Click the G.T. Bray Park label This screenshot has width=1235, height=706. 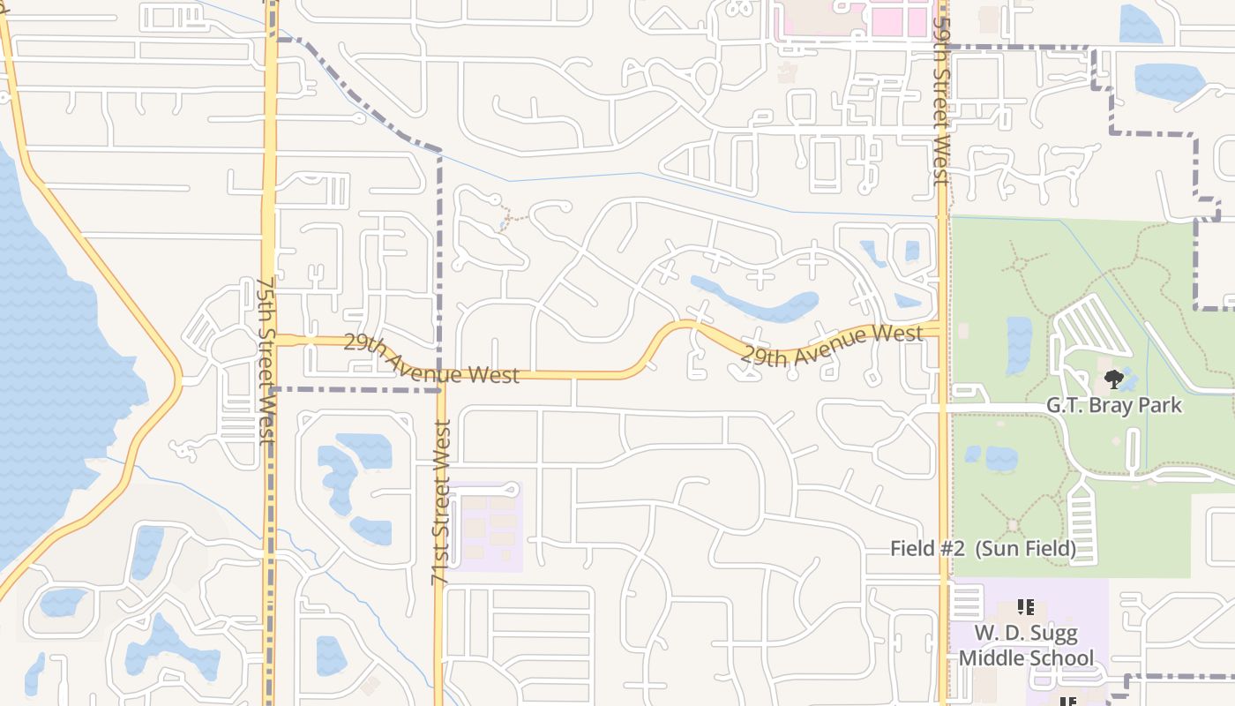1113,406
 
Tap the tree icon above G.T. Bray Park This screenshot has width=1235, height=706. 1113,379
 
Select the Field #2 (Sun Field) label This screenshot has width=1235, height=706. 983,548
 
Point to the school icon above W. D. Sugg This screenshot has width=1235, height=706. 1025,607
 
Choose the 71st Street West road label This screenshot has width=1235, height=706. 441,501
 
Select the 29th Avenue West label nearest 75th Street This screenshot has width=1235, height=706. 430,359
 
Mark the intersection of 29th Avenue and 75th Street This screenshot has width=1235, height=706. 270,341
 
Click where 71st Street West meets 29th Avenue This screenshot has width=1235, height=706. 441,375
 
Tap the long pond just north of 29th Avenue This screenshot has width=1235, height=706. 759,303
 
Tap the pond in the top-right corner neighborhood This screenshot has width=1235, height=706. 1169,81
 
